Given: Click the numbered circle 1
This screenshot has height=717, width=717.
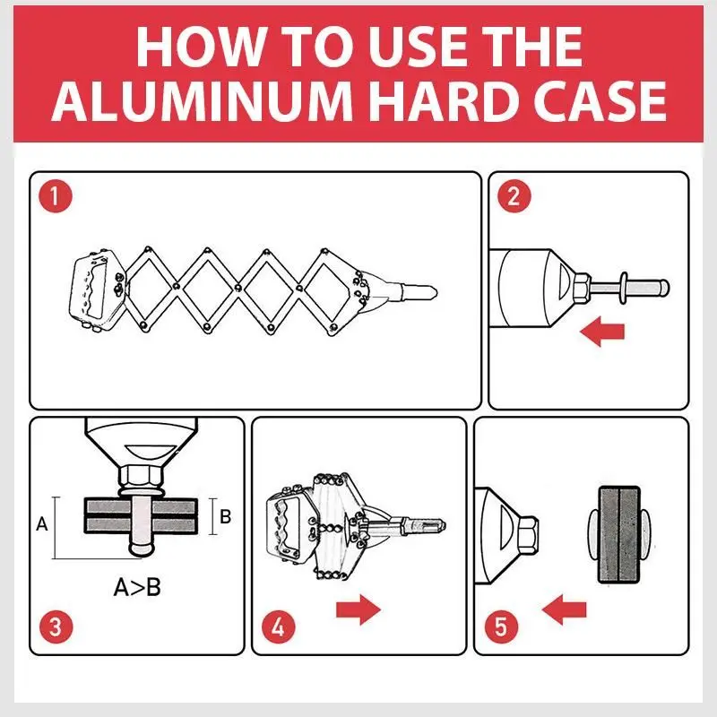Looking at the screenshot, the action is tap(56, 196).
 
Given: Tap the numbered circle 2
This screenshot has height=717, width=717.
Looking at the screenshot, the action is tap(514, 196).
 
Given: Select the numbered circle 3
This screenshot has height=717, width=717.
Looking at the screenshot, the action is tap(56, 626).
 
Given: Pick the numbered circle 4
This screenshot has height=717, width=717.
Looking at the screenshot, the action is tap(278, 626).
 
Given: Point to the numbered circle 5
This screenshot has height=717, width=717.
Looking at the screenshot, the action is tap(501, 626).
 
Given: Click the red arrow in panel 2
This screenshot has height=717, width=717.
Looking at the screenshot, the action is tap(601, 332).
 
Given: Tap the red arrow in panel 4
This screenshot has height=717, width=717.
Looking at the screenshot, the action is tap(358, 609).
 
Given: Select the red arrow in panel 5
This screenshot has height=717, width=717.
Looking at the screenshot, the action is tap(564, 609).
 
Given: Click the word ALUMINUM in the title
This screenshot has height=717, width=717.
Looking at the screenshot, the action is tap(201, 100).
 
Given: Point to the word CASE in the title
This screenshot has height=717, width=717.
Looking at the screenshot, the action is tap(600, 100).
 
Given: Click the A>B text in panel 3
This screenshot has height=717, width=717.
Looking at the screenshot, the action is tap(137, 587).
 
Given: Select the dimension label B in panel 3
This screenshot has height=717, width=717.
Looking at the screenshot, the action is tap(226, 516).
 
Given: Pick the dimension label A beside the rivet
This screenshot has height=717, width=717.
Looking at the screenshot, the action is tap(41, 523).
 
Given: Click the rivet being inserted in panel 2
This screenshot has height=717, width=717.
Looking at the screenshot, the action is tap(630, 288).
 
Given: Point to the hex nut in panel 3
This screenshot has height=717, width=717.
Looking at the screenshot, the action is tap(141, 477).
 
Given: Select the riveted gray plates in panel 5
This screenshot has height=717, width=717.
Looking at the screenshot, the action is tap(619, 534).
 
